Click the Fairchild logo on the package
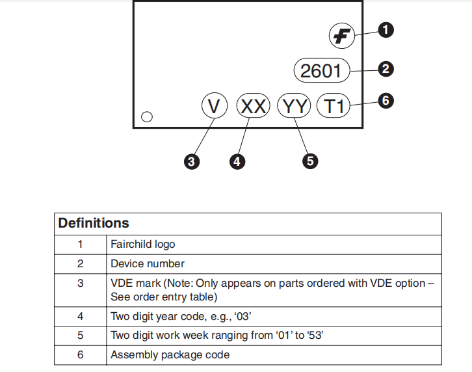pos(342,36)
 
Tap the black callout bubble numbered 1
pos(386,30)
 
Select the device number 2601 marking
pos(322,70)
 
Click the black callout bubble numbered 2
pos(386,69)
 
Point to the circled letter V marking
pos(215,106)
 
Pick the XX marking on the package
pos(253,106)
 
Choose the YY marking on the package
pos(294,106)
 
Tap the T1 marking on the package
pos(334,106)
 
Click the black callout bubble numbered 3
pos(192,161)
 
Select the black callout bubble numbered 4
pos(237,161)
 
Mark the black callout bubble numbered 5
pos(310,161)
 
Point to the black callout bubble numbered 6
pos(386,101)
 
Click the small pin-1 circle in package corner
pos(147,116)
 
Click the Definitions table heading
pos(94,223)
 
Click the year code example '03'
pos(243,316)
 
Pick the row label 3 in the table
pos(81,283)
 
